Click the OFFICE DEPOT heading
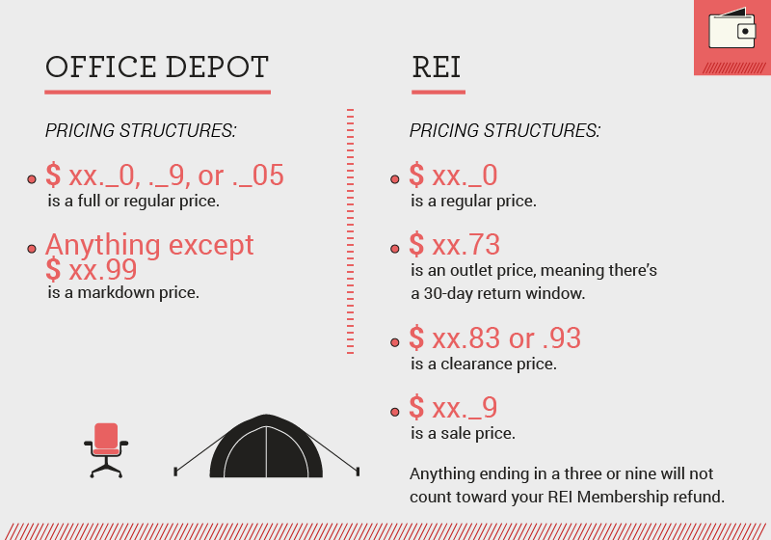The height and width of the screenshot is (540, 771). pos(157,67)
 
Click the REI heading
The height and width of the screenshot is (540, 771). pos(437,67)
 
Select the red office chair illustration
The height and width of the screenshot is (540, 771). pos(106,449)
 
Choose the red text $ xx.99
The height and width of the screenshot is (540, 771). pos(92,269)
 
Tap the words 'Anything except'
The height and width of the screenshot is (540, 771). pos(149,245)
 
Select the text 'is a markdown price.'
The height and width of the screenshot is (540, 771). pos(123,292)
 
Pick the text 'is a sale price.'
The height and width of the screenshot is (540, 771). pos(463,434)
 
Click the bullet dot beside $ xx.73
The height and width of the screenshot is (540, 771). pos(395,249)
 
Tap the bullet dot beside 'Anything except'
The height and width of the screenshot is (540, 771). pos(32,250)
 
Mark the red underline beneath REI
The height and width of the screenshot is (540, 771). pos(438,93)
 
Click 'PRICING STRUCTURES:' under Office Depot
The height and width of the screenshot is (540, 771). pos(141,130)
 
